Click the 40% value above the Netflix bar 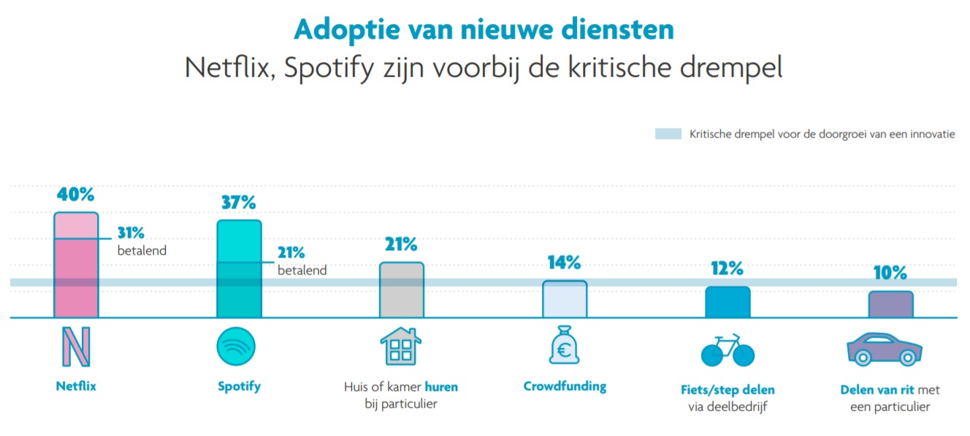(x=76, y=195)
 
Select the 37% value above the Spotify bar (x=239, y=203)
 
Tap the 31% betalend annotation (x=131, y=233)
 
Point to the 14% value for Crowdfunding (x=565, y=263)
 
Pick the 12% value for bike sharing (x=727, y=268)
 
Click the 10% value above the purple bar (x=890, y=273)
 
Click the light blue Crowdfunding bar (x=565, y=300)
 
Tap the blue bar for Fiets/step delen (x=727, y=302)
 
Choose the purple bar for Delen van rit (x=890, y=304)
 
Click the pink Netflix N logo (x=76, y=347)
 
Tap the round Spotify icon (x=236, y=347)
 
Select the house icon (x=401, y=346)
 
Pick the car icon (x=884, y=349)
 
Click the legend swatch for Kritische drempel (x=668, y=134)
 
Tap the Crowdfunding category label (x=565, y=386)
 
